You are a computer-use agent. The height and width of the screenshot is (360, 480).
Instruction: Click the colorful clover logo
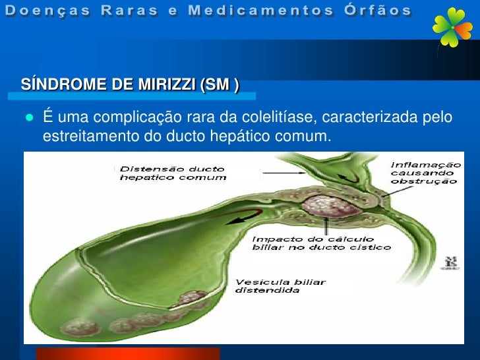tap(452, 28)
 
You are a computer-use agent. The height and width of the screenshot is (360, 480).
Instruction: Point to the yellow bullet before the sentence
tap(28, 118)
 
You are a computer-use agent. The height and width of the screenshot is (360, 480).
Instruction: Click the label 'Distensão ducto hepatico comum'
tap(173, 173)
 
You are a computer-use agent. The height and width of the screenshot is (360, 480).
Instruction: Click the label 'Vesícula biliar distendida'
tap(281, 287)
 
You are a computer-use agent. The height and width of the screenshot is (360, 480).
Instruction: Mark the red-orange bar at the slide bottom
tap(127, 353)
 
